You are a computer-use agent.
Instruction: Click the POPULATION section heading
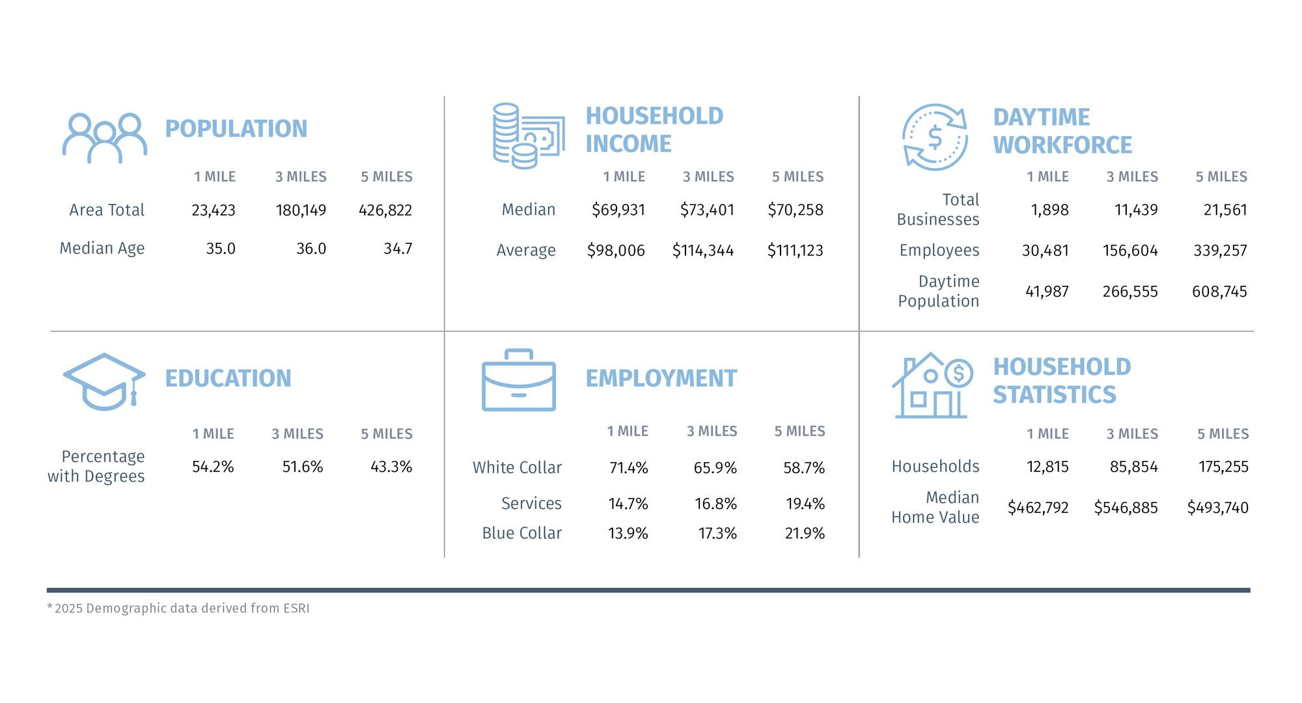pos(236,129)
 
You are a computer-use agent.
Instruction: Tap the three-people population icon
pos(104,138)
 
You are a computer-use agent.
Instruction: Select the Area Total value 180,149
pos(301,210)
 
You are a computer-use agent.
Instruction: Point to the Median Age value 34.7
pos(398,249)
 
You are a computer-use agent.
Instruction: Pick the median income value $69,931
pos(618,210)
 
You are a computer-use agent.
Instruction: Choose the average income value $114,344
pos(702,251)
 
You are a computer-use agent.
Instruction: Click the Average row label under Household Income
pos(526,251)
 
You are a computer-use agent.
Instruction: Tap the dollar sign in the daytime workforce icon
pos(935,137)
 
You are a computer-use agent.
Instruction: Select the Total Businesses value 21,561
pos(1225,210)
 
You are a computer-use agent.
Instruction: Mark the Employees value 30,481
pos(1045,251)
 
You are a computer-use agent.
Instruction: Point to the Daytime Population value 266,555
pos(1130,292)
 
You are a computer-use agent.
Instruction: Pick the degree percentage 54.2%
pos(213,467)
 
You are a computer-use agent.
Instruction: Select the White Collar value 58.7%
pos(804,468)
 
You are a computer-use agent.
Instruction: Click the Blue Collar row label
pos(521,533)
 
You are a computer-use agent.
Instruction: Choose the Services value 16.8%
pos(715,504)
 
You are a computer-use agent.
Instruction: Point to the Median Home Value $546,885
pos(1126,508)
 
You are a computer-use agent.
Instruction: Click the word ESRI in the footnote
pos(296,609)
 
